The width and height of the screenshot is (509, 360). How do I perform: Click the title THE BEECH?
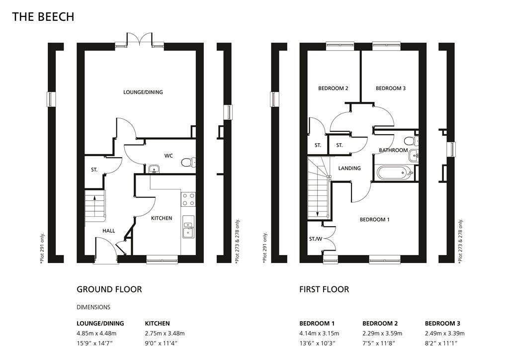[43, 16]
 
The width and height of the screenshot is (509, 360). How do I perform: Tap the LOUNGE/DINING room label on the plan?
[143, 92]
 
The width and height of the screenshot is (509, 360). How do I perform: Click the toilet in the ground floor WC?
[188, 162]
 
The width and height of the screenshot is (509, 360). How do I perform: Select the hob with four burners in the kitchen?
[188, 199]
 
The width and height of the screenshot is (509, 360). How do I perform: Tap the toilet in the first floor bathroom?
[411, 141]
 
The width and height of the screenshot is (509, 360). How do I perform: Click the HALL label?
[109, 231]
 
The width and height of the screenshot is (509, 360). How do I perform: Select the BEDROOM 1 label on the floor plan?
[374, 220]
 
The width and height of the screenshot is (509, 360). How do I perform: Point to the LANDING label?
[349, 168]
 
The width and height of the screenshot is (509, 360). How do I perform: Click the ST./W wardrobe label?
[316, 239]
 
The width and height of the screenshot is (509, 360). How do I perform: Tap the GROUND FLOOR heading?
[109, 289]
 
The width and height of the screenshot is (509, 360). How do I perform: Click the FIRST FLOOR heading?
[324, 289]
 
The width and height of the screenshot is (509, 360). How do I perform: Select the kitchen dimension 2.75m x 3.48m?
[165, 333]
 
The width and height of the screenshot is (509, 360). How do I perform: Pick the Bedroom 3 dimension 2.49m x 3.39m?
[445, 333]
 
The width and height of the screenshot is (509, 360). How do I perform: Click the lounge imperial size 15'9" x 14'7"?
[96, 343]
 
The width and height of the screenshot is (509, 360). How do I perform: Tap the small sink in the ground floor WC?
[154, 169]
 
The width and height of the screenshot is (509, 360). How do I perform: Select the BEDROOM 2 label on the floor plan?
[333, 89]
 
